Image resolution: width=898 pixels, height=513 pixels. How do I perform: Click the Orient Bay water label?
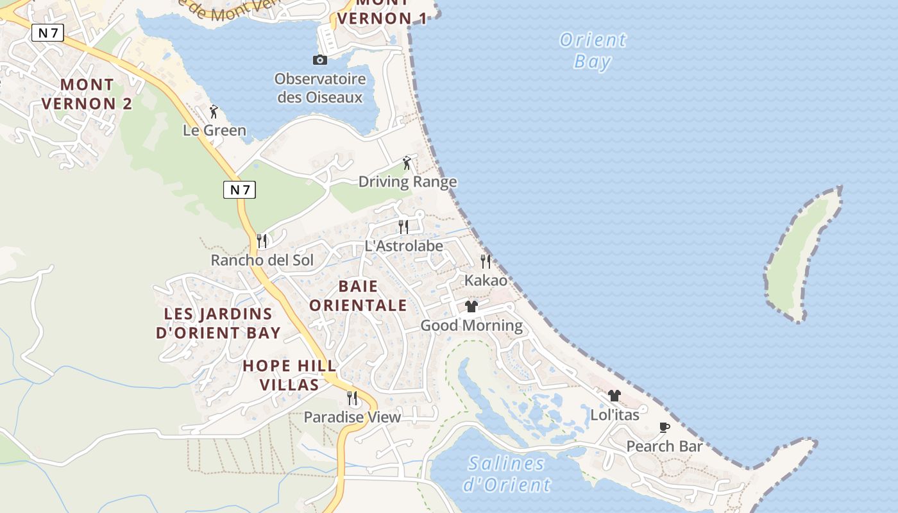pyautogui.click(x=593, y=51)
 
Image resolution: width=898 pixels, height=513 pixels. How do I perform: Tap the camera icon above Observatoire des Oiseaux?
pyautogui.click(x=319, y=60)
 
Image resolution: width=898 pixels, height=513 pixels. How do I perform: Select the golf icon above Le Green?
pyautogui.click(x=214, y=112)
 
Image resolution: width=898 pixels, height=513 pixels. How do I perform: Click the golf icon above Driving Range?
pyautogui.click(x=406, y=163)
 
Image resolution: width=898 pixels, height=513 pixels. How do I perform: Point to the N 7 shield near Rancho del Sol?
pyautogui.click(x=239, y=190)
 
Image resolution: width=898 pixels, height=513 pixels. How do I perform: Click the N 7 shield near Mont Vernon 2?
pyautogui.click(x=47, y=33)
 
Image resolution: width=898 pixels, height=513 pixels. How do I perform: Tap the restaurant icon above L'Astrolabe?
pyautogui.click(x=403, y=226)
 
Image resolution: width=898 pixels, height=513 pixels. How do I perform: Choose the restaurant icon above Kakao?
pyautogui.click(x=486, y=261)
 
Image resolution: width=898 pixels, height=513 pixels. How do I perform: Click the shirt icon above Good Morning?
pyautogui.click(x=471, y=306)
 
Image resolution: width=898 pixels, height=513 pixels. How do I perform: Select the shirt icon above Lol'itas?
pyautogui.click(x=614, y=396)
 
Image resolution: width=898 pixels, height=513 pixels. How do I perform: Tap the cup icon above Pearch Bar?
pyautogui.click(x=665, y=427)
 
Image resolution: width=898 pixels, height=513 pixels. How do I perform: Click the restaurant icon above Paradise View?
pyautogui.click(x=352, y=398)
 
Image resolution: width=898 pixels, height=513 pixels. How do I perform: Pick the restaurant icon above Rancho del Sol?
pyautogui.click(x=262, y=240)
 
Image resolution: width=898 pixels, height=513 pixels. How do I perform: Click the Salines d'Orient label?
pyautogui.click(x=506, y=474)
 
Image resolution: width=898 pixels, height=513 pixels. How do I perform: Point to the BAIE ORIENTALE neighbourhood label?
pyautogui.click(x=358, y=296)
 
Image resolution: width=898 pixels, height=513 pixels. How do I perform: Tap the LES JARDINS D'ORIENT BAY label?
pyautogui.click(x=218, y=323)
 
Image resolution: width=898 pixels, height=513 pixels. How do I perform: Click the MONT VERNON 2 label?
pyautogui.click(x=87, y=94)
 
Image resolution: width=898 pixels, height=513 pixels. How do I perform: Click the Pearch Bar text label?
pyautogui.click(x=665, y=446)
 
